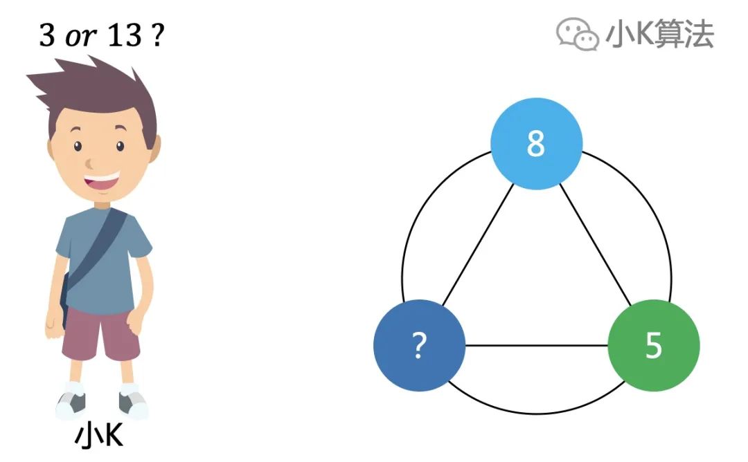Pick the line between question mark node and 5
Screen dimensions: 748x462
(536, 345)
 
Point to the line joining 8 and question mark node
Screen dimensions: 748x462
(478, 245)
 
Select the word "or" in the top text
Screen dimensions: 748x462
(80, 37)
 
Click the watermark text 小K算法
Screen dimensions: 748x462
(659, 33)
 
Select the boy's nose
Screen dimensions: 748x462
(91, 164)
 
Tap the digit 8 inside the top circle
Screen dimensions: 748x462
(536, 144)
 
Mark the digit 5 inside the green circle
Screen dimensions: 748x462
(653, 345)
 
